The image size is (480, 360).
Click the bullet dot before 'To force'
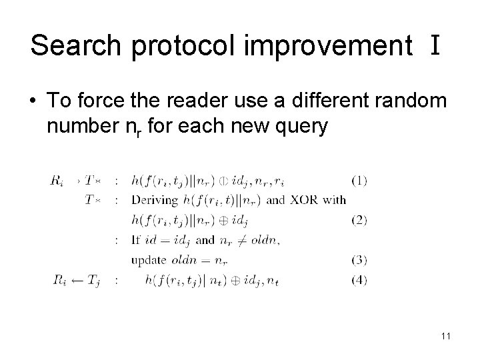[x=33, y=101]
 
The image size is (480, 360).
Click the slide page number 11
[x=445, y=337]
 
